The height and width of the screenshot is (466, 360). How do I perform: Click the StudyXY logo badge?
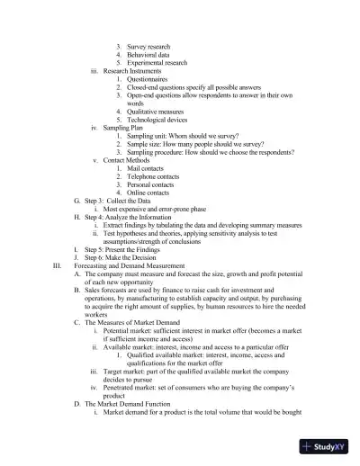coord(328,445)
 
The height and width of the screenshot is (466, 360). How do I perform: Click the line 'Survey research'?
coord(148,45)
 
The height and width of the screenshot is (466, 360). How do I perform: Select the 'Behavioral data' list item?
coord(148,54)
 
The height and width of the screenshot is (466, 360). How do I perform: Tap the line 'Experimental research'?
coord(157,63)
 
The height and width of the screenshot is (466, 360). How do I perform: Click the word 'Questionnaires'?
coord(151,81)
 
